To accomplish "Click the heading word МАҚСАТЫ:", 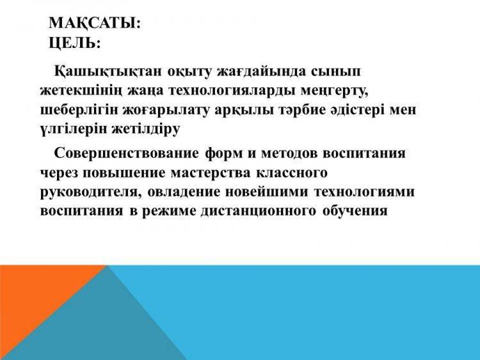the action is [95, 23].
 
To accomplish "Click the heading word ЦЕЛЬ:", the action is [75, 43].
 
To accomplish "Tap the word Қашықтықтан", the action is [108, 72].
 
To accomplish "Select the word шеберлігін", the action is [79, 110].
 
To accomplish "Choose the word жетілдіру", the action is [145, 130].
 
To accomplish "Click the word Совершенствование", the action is [127, 153].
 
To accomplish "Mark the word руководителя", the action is [91, 192].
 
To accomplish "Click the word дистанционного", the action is [259, 211].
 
